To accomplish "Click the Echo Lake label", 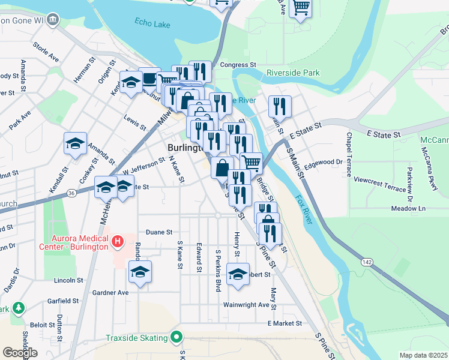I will point(152,24).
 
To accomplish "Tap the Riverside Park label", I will point(294,73).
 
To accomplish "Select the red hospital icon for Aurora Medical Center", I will point(118,242).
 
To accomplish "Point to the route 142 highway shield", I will point(367,262).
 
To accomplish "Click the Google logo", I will point(20,353).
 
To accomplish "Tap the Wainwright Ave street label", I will point(246,305).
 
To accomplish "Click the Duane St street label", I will point(159,232).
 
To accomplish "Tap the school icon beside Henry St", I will point(238,274).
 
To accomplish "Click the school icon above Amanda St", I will point(75,143).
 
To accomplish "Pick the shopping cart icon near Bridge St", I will point(252,162).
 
